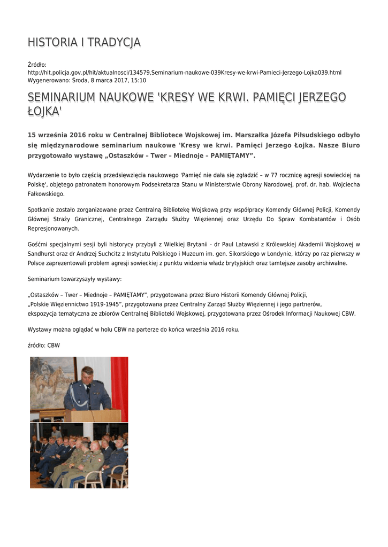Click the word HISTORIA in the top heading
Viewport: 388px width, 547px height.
click(x=50, y=43)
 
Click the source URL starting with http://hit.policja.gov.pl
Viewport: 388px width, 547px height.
click(x=184, y=73)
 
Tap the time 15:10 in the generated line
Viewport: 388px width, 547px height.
click(x=139, y=80)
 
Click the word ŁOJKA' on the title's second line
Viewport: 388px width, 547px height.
click(x=45, y=112)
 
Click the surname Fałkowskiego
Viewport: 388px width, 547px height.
click(x=45, y=194)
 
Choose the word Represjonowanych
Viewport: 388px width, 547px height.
click(x=53, y=229)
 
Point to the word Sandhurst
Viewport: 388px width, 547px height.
click(x=43, y=254)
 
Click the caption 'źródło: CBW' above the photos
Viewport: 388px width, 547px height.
click(x=44, y=346)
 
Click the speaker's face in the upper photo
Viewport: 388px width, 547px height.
click(x=87, y=375)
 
